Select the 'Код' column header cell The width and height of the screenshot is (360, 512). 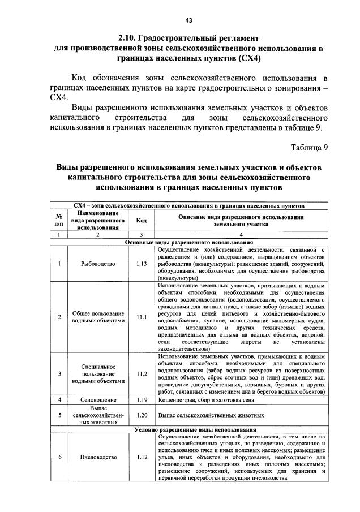pyautogui.click(x=142, y=220)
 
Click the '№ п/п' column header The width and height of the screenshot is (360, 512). pyautogui.click(x=59, y=220)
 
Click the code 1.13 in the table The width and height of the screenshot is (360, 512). pyautogui.click(x=142, y=263)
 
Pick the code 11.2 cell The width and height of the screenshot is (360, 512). pyautogui.click(x=142, y=374)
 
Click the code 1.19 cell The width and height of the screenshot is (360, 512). pyautogui.click(x=142, y=400)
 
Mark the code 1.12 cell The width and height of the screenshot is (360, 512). pyautogui.click(x=142, y=457)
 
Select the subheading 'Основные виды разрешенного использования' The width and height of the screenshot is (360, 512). pyautogui.click(x=190, y=242)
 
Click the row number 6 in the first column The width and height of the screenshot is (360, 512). pyautogui.click(x=59, y=457)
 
